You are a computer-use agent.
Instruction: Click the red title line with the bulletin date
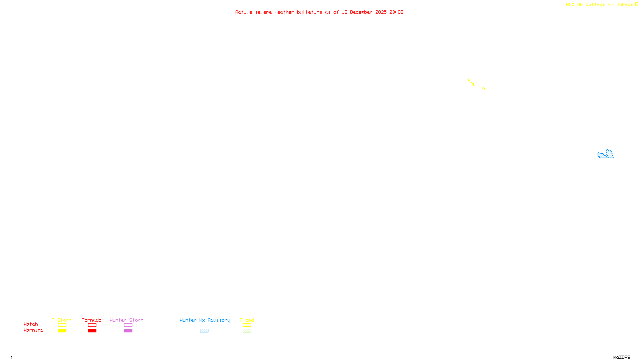(319, 12)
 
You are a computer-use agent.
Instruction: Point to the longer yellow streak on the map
(471, 83)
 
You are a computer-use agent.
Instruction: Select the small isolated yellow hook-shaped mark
(484, 88)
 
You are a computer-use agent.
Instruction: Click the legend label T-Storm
(62, 320)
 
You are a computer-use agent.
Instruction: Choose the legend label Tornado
(92, 320)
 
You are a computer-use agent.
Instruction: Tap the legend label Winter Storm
(126, 320)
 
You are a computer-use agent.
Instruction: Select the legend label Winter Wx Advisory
(205, 320)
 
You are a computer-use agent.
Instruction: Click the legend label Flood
(247, 320)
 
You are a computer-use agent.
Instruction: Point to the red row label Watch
(31, 324)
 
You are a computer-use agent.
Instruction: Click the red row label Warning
(34, 330)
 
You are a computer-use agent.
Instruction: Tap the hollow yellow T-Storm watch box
(62, 325)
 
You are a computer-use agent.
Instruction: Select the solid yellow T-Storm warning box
(62, 331)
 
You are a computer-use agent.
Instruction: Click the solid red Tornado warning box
(92, 331)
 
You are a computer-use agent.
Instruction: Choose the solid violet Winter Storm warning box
(128, 331)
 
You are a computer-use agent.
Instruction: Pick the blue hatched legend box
(204, 331)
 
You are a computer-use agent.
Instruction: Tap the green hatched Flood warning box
(247, 331)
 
